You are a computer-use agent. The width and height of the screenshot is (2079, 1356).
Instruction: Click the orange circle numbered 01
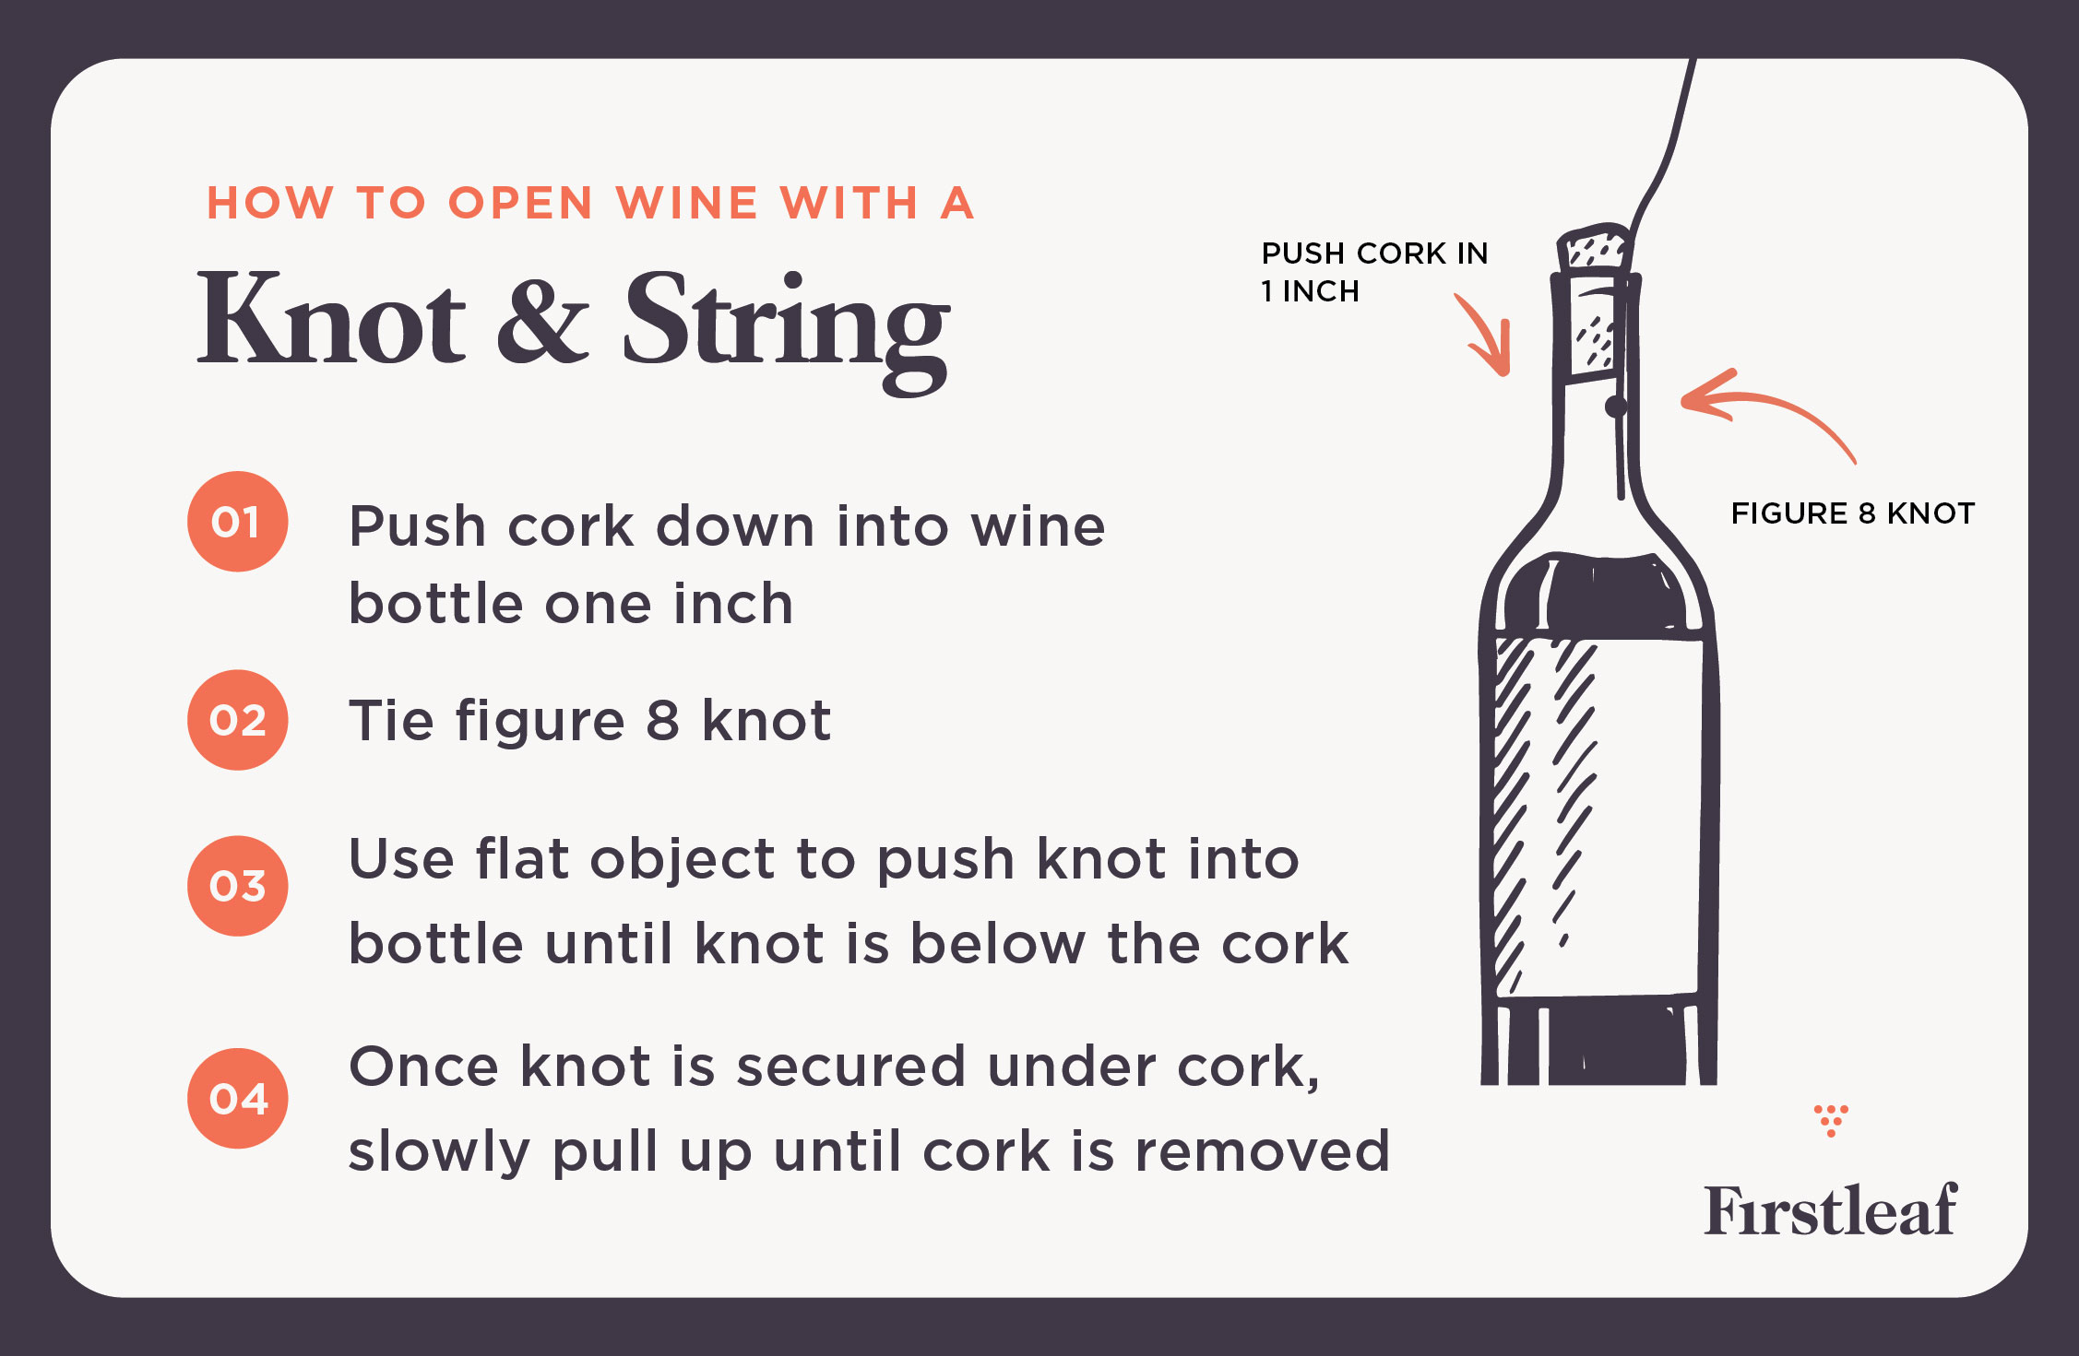click(238, 522)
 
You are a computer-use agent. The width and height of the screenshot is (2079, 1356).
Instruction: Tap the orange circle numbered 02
click(238, 720)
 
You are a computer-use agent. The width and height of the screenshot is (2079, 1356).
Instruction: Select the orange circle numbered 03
click(238, 886)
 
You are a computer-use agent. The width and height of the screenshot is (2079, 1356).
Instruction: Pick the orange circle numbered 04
click(238, 1098)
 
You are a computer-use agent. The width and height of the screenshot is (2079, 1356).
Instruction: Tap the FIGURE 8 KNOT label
click(1852, 513)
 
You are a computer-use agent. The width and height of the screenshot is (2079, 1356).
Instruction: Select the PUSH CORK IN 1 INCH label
click(1373, 271)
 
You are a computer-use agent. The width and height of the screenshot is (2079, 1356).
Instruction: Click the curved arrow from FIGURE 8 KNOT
click(1762, 411)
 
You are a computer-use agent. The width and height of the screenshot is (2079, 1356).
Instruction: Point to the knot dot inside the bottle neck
click(1615, 407)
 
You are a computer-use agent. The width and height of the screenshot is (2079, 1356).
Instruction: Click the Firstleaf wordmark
click(1830, 1209)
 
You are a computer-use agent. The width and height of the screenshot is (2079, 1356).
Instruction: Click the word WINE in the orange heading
click(687, 204)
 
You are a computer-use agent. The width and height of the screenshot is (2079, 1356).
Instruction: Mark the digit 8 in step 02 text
click(662, 721)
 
